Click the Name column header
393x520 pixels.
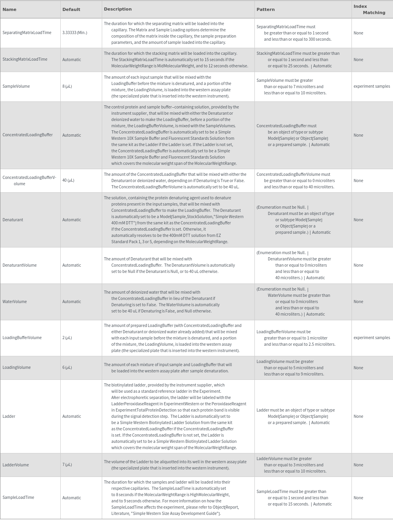point(9,9)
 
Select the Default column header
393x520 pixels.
point(71,9)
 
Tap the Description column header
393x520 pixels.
point(118,9)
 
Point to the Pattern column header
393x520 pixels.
point(266,9)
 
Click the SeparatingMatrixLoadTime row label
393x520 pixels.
point(27,33)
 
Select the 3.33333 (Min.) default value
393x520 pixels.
point(75,33)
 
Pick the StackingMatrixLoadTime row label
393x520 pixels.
point(25,60)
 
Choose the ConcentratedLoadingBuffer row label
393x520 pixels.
point(28,135)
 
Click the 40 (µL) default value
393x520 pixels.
point(69,181)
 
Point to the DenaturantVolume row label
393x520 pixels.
point(20,265)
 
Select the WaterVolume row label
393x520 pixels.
point(14,302)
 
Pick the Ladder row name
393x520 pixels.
point(9,417)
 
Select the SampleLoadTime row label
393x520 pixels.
point(18,498)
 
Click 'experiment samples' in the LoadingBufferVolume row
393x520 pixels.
point(372,338)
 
